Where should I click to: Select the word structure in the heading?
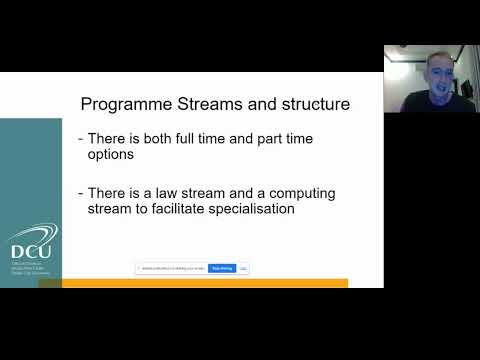tap(314, 103)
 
